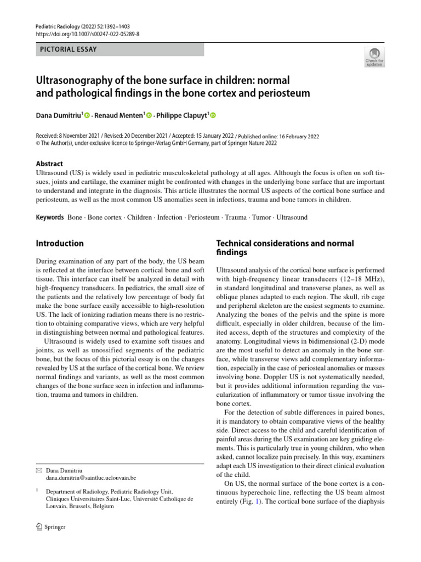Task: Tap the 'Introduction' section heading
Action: (x=60, y=243)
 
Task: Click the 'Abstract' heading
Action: (x=49, y=164)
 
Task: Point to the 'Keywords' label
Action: (x=50, y=217)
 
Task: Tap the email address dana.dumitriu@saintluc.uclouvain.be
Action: (x=91, y=478)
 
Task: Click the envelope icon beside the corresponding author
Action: (x=38, y=470)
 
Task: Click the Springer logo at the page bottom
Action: (x=50, y=527)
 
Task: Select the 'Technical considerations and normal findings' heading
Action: (x=285, y=248)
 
